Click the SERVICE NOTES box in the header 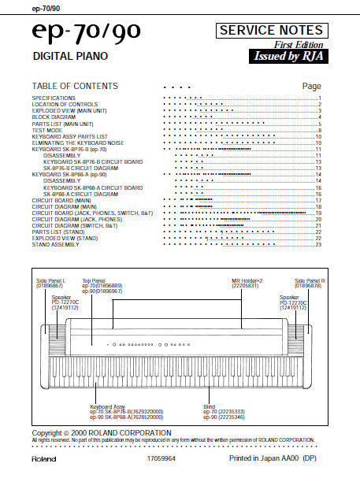tap(271, 31)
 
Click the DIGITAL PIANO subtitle tap(70, 57)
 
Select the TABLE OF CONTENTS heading tap(75, 86)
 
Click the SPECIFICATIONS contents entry tap(54, 98)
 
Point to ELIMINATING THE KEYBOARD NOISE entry tap(77, 142)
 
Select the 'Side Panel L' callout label tap(51, 280)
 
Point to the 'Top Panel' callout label tap(94, 280)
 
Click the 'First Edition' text tap(306, 45)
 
